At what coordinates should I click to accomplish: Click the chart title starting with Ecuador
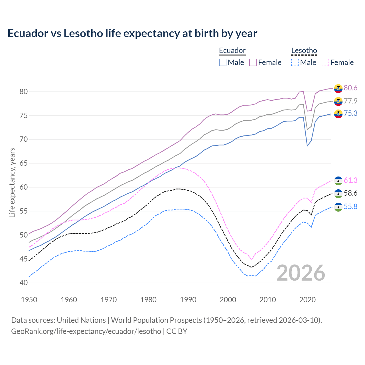[132, 33]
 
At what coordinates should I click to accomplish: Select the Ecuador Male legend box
[223, 62]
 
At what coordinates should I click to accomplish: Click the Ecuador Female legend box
[253, 62]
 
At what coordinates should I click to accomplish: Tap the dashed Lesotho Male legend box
[295, 62]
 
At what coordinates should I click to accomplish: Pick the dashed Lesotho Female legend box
[325, 62]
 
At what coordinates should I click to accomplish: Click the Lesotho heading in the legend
[304, 51]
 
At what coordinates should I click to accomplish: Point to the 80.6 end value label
[350, 88]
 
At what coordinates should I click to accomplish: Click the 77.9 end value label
[350, 101]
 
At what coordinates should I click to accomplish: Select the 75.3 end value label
[350, 113]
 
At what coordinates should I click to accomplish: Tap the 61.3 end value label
[350, 181]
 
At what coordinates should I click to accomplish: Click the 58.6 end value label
[350, 193]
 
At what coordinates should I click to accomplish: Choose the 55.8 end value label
[350, 206]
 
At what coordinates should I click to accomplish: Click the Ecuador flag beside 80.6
[338, 88]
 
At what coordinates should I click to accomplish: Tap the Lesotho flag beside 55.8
[338, 207]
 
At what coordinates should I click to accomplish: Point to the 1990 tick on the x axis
[188, 300]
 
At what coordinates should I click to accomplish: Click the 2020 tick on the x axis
[307, 300]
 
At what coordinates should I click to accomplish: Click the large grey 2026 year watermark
[301, 273]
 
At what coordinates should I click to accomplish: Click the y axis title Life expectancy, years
[12, 182]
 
